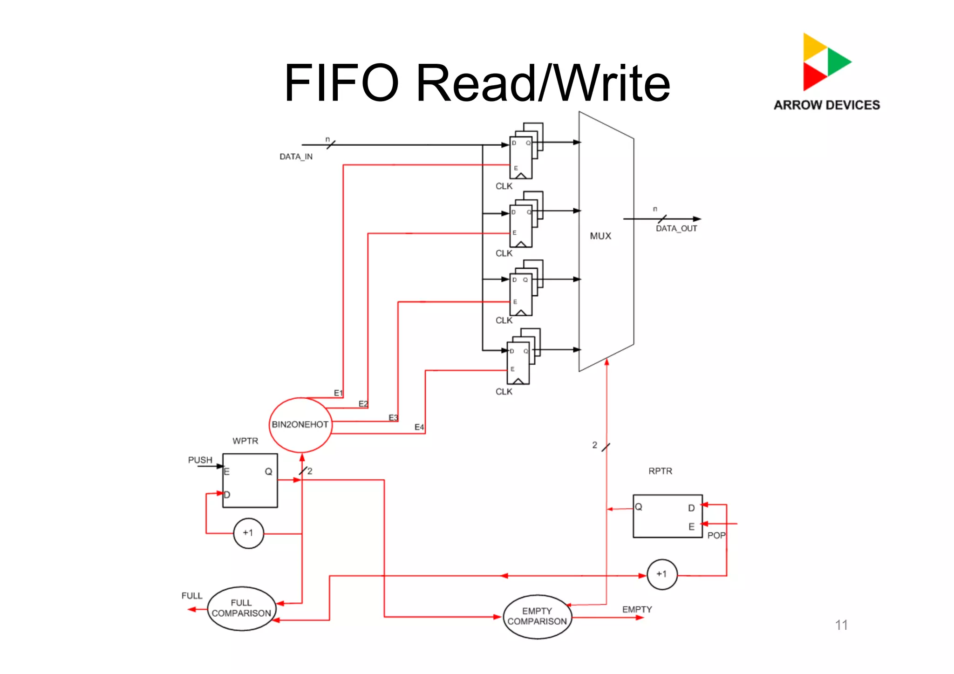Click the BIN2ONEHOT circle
pos(300,424)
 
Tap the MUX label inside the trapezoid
pos(600,236)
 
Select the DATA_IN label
pos(296,157)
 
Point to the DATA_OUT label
pos(676,228)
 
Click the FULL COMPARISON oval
pos(241,608)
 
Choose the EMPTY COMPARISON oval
pos(537,616)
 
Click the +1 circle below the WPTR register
pos(248,533)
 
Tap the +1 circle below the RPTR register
pos(662,574)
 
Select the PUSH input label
pos(200,460)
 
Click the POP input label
pos(716,536)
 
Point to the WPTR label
pos(245,441)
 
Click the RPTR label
pos(660,471)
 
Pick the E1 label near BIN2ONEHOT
pos(338,393)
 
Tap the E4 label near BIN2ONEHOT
pos(419,427)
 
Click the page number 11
pos(841,625)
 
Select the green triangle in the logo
pos(837,61)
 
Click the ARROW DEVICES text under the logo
pos(827,105)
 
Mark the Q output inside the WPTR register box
pos(268,471)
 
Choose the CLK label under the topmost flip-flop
pos(504,186)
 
